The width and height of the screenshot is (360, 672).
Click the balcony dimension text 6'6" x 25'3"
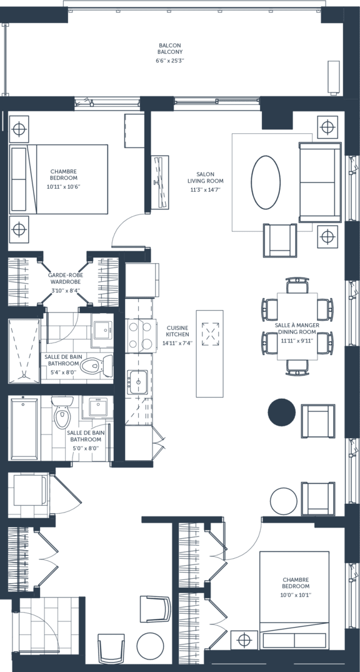click(x=170, y=61)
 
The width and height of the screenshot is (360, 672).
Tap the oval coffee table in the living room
click(x=266, y=182)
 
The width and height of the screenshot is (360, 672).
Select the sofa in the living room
click(x=320, y=183)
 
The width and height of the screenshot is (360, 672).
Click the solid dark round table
click(x=282, y=413)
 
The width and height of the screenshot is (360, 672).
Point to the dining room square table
click(x=297, y=326)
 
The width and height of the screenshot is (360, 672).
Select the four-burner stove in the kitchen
click(x=141, y=335)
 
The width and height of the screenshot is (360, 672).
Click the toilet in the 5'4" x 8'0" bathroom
click(x=96, y=366)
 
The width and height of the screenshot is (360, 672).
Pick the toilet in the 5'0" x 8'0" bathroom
click(x=62, y=412)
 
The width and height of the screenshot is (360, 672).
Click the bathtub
click(x=24, y=428)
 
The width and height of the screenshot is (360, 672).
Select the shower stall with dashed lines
click(x=24, y=351)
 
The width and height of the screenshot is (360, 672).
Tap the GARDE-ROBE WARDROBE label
click(x=66, y=279)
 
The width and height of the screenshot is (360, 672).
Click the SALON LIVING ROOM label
click(x=205, y=178)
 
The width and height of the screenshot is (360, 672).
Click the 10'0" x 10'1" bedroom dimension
click(x=296, y=595)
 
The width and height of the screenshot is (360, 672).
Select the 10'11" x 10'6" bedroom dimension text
click(x=64, y=186)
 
